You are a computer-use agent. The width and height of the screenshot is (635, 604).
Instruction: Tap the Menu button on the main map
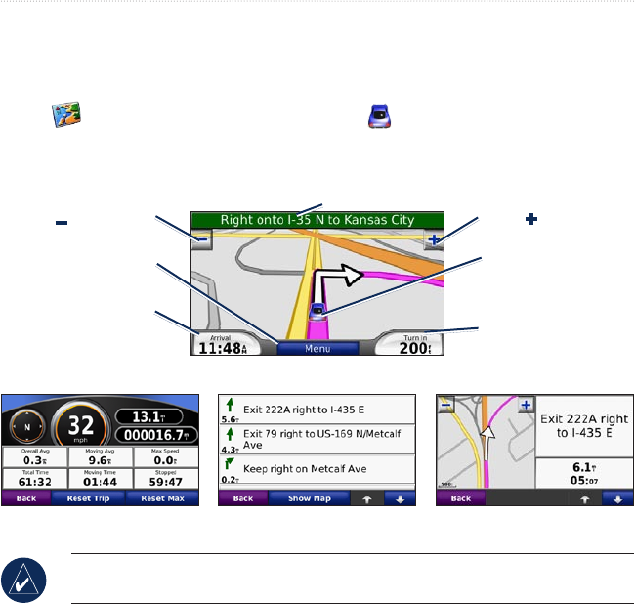pyautogui.click(x=317, y=348)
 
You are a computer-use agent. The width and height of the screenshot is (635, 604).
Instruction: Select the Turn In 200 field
pyautogui.click(x=409, y=343)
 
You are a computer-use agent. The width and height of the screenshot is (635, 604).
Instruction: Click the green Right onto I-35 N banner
pyautogui.click(x=317, y=220)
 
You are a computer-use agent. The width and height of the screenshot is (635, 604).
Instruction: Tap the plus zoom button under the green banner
pyautogui.click(x=433, y=239)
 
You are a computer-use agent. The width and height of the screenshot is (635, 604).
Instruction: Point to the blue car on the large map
pyautogui.click(x=318, y=312)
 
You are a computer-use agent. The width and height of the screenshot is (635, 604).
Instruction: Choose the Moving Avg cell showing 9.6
pyautogui.click(x=99, y=454)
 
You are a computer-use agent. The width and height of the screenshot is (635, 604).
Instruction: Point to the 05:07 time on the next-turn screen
pyautogui.click(x=580, y=480)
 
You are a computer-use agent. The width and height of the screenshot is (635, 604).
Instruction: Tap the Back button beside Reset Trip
pyautogui.click(x=20, y=498)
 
